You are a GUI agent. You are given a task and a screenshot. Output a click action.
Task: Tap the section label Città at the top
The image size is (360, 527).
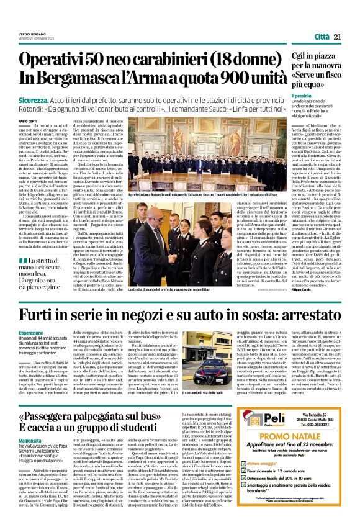click(x=321, y=38)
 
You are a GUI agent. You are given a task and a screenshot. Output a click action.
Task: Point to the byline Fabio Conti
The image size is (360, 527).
click(x=28, y=122)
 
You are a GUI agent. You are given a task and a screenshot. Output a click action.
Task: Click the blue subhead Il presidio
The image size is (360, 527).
click(x=302, y=97)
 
